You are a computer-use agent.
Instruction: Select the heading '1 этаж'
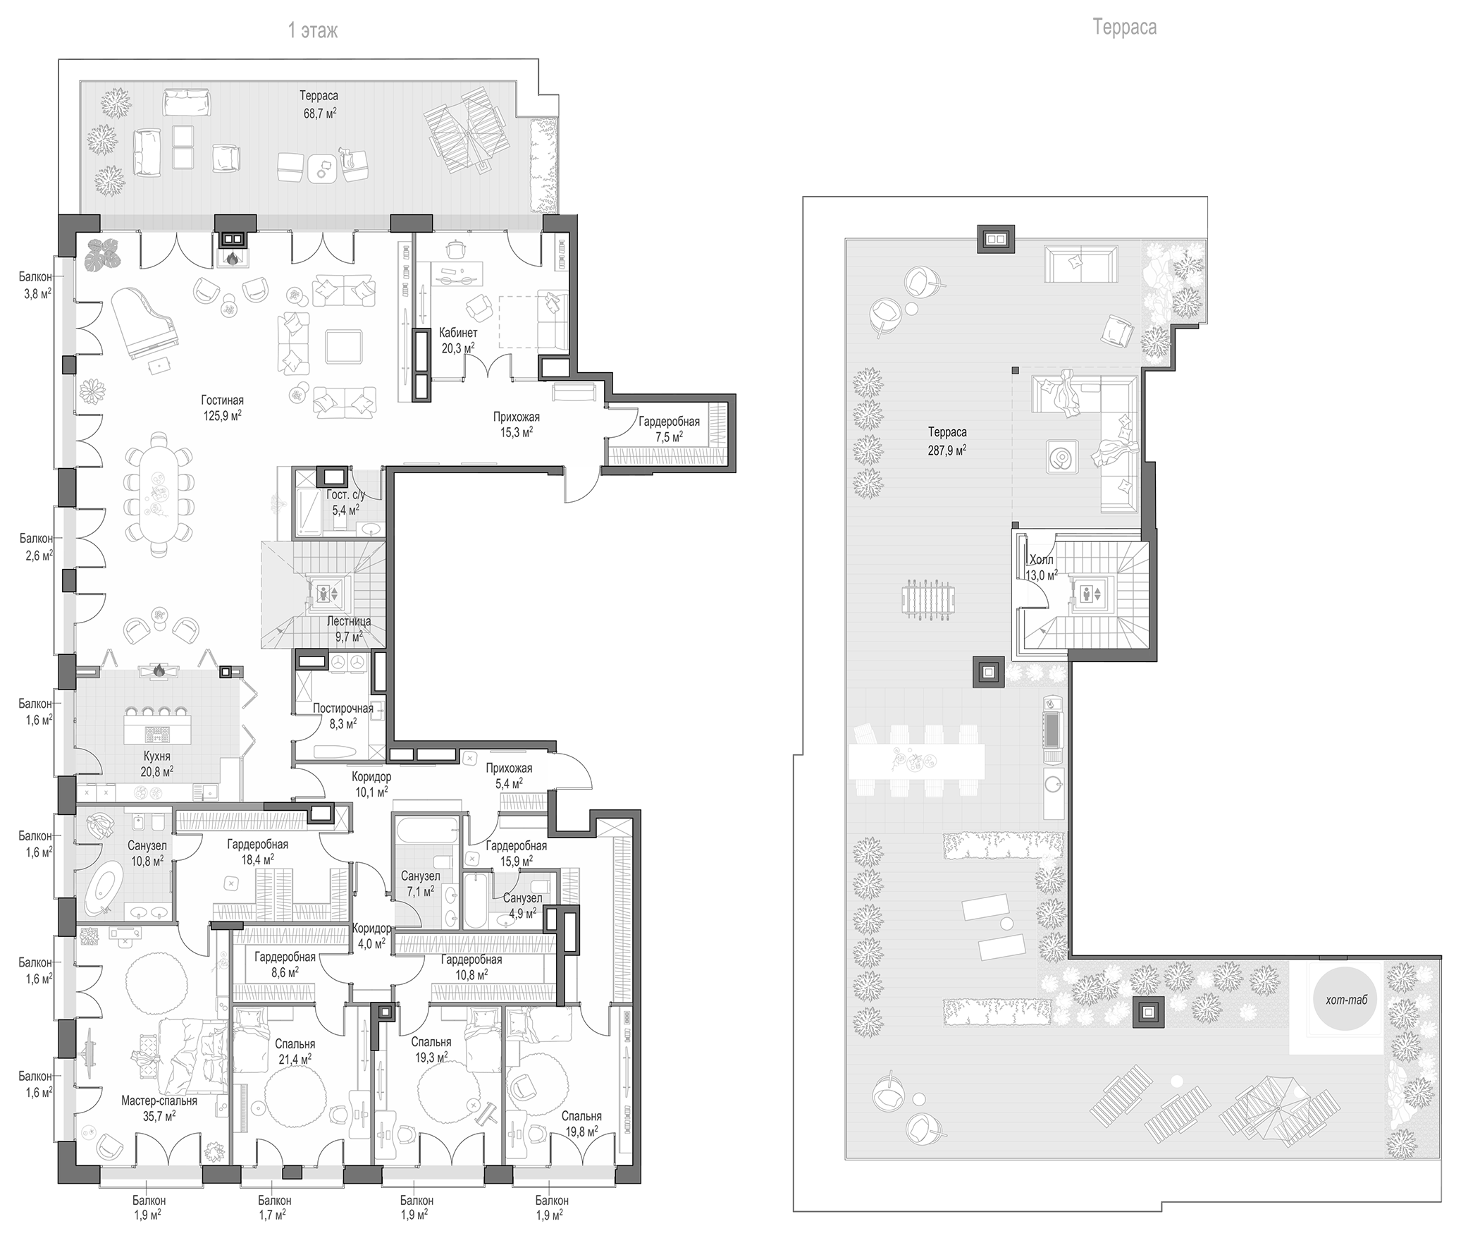[312, 30]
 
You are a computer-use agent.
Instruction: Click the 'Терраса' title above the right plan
[1124, 27]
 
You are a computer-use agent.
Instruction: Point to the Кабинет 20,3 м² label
[457, 340]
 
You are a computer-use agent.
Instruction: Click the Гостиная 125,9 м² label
[222, 408]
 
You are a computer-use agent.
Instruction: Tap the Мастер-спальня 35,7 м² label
[159, 1108]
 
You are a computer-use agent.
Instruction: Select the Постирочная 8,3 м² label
[343, 716]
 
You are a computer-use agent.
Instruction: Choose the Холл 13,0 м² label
[1041, 568]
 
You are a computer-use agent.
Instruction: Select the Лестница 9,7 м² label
[349, 630]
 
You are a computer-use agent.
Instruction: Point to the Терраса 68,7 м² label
[319, 104]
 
